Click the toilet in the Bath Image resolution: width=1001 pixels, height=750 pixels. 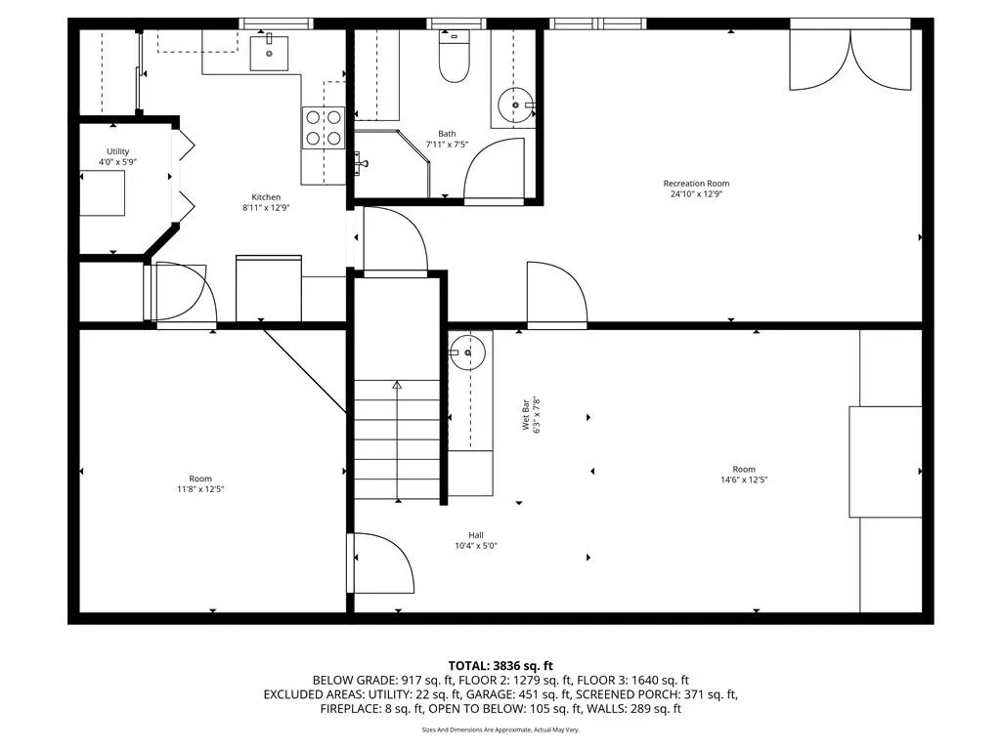coord(453,60)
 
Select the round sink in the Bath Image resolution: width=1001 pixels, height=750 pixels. coord(515,104)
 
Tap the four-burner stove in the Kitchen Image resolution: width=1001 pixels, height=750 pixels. coord(324,128)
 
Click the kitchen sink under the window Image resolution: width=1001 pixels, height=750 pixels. coord(269,52)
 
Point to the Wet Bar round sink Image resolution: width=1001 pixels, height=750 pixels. coord(468,352)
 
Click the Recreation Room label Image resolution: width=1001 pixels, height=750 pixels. coord(696,184)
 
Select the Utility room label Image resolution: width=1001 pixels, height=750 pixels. coord(117,151)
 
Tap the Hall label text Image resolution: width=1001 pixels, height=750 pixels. coord(476,534)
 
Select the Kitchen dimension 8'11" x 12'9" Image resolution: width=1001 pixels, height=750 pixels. coord(267,208)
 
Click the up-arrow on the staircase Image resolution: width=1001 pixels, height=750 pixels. coord(397,386)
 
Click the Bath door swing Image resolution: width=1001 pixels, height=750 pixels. coord(494,171)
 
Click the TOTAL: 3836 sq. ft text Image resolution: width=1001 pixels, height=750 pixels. coord(500,665)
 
